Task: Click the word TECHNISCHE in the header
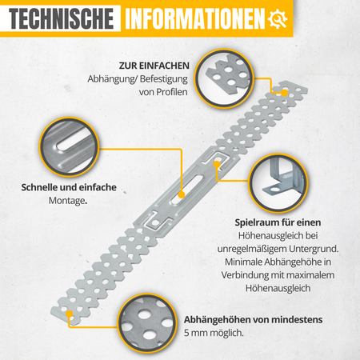(62, 18)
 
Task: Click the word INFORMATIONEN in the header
(195, 18)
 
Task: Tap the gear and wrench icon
(278, 18)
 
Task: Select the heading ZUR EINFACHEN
(154, 66)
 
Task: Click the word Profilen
(172, 92)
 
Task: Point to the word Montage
(68, 201)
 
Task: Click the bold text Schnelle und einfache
(69, 187)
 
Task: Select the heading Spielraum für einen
(278, 222)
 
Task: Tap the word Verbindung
(245, 275)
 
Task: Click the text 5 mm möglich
(214, 333)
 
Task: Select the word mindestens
(296, 319)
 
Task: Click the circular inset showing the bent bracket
(278, 183)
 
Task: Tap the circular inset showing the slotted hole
(70, 147)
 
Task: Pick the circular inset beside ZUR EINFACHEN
(224, 78)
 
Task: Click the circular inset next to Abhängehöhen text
(147, 323)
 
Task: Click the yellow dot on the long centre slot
(182, 194)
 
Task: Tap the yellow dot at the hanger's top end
(285, 93)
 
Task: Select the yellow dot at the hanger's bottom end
(70, 314)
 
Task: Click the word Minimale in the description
(244, 262)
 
